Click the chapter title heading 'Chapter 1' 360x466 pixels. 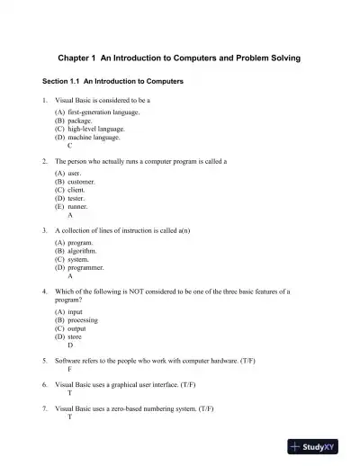pyautogui.click(x=179, y=58)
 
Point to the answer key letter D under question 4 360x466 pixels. pyautogui.click(x=69, y=344)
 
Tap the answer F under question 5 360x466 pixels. pyautogui.click(x=69, y=368)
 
